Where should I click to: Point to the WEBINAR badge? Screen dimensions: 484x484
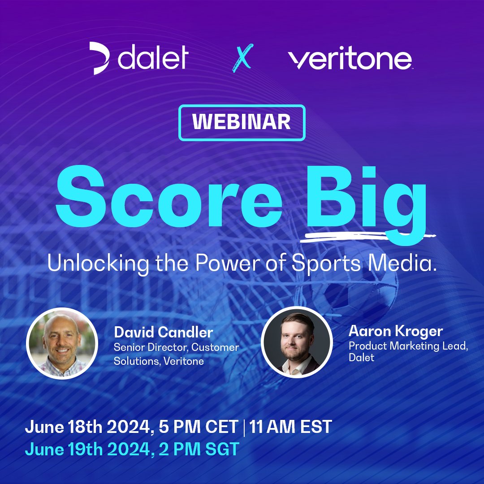click(242, 122)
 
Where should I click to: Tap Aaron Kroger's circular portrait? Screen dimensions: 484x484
click(297, 342)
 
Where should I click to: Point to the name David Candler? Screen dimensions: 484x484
click(164, 333)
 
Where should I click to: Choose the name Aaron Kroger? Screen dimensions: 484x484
click(395, 331)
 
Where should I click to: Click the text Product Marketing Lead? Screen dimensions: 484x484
click(408, 346)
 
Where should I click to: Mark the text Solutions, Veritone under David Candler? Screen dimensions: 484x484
click(159, 361)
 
